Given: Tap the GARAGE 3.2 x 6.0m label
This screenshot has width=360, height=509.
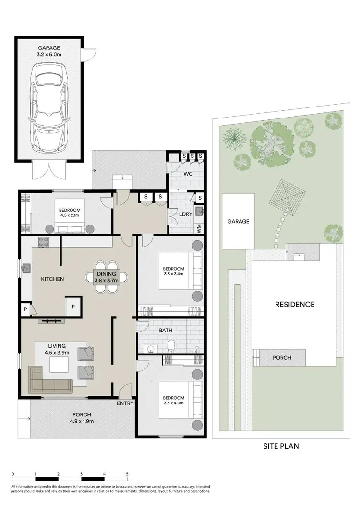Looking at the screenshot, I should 50,51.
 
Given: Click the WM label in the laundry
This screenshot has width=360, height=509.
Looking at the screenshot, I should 199,229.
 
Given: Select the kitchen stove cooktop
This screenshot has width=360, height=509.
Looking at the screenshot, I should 44,242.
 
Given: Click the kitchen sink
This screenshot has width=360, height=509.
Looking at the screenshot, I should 26,269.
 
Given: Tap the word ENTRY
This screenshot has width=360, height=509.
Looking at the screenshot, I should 125,403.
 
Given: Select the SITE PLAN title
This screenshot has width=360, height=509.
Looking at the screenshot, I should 281,446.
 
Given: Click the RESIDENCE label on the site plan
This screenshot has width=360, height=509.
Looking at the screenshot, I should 295,304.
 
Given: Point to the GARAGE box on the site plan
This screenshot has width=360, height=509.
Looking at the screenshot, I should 239,221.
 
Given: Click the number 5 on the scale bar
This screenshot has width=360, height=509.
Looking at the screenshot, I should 127,473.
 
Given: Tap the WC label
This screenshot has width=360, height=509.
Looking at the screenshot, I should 187,174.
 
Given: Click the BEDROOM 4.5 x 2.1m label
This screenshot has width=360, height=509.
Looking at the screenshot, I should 70,213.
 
